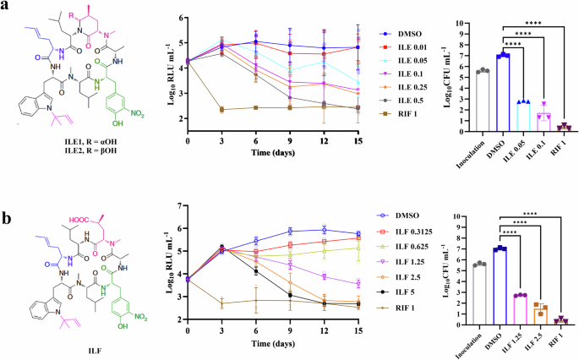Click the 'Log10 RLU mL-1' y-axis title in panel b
169,261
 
